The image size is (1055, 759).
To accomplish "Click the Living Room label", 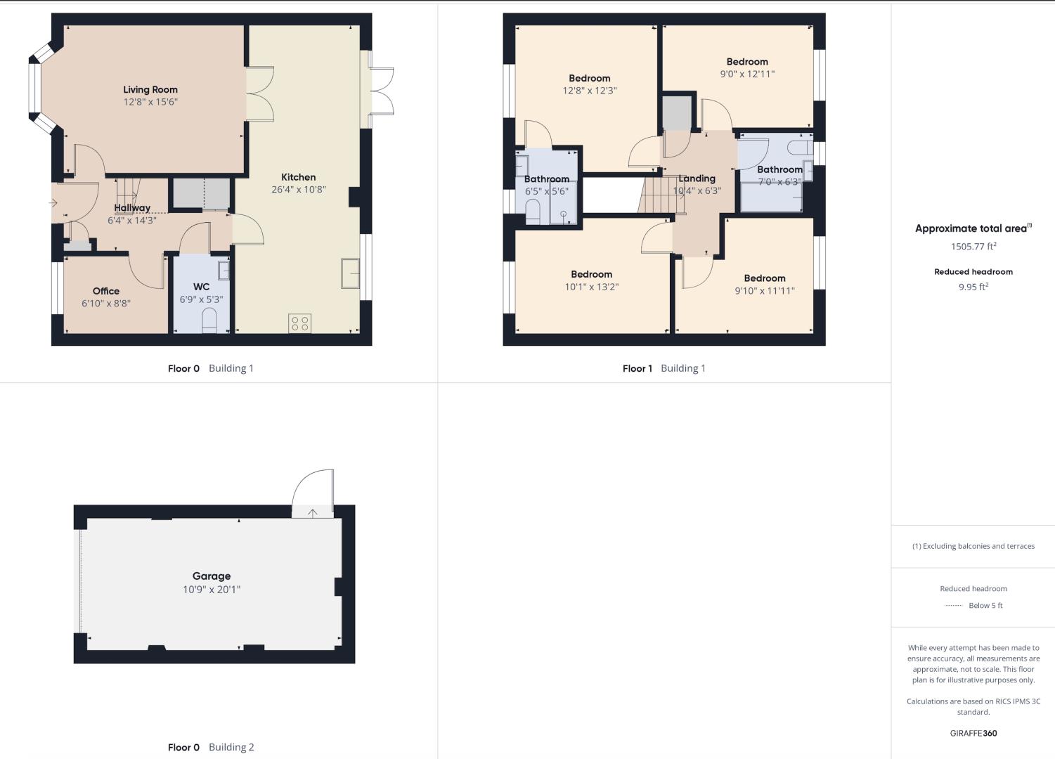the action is coord(150,89).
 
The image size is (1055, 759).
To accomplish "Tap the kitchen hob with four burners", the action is coord(299,323).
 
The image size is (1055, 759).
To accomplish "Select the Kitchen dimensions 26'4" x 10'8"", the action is coord(299,189).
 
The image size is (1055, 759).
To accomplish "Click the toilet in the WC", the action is coord(209,320).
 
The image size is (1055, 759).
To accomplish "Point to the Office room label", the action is coord(106,291).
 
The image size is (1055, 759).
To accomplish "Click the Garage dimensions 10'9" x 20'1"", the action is coord(212,589).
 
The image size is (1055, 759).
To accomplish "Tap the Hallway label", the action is coord(132,207).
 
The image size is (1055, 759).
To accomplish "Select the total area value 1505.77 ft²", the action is coord(973,246).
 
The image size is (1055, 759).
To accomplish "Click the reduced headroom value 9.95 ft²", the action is coord(973,287).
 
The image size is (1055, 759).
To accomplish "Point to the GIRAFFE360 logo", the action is coord(973,733).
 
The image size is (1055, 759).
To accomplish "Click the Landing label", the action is coord(697,179).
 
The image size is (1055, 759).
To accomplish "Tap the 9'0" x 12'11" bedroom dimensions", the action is coord(747,74).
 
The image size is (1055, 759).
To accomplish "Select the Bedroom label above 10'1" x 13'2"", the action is coord(592,274).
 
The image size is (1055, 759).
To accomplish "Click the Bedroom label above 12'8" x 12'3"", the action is coord(589,78).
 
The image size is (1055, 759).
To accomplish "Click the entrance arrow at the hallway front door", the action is coord(53,203).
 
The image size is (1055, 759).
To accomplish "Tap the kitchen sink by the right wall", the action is coord(350,273).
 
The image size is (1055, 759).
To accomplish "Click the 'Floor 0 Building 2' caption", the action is coord(211,747).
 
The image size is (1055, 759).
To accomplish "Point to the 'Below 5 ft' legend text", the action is coord(985,606).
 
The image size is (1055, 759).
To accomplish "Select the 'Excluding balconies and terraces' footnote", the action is coord(973,546).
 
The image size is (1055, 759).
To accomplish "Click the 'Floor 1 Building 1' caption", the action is coord(664,368).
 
